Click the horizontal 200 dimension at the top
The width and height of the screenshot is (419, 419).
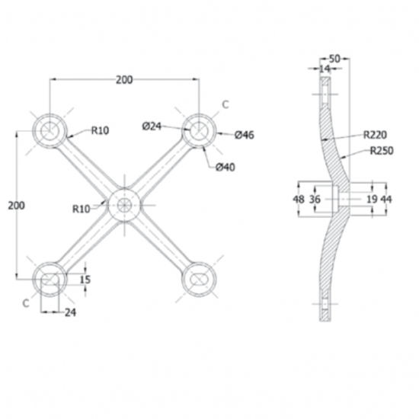[x=124, y=80]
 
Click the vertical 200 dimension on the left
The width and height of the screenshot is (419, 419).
[x=16, y=206]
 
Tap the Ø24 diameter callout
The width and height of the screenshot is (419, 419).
[x=152, y=126]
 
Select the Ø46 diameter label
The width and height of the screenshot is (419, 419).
[x=245, y=135]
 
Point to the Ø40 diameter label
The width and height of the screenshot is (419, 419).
[x=225, y=168]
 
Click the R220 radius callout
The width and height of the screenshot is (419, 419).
[x=375, y=135]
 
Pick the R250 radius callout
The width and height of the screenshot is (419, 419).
[x=382, y=151]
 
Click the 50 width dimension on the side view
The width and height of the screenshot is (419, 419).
[x=334, y=59]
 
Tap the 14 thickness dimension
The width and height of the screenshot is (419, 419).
[x=325, y=69]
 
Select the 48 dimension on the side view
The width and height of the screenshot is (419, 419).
[x=299, y=199]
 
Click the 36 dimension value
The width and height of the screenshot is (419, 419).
[x=315, y=199]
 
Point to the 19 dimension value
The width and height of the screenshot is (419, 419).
[x=372, y=199]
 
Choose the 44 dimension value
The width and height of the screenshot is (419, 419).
[x=386, y=199]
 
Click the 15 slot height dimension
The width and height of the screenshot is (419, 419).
[x=85, y=280]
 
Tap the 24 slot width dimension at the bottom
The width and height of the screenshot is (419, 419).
[x=70, y=312]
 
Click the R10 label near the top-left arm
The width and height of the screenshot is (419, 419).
[x=101, y=130]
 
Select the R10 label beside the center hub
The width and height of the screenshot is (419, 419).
[x=82, y=209]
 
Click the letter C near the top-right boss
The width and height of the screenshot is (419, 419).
[x=225, y=105]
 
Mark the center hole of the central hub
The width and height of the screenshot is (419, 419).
[x=124, y=205]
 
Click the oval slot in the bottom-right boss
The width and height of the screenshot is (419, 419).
[x=199, y=280]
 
